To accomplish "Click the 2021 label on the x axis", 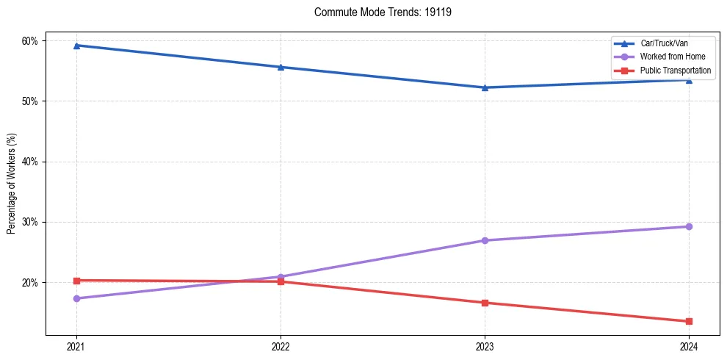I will [76, 346].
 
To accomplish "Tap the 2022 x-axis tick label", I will [281, 346].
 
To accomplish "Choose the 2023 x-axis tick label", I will [485, 346].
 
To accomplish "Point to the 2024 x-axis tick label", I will [689, 346].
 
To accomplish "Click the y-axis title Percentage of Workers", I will [12, 184].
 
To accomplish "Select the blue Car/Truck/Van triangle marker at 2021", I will [76, 46].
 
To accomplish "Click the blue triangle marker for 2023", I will [485, 87].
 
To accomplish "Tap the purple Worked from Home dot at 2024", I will [689, 226].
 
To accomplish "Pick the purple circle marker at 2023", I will [485, 240].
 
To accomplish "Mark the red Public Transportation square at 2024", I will [689, 321].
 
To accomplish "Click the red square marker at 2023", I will [485, 303].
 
